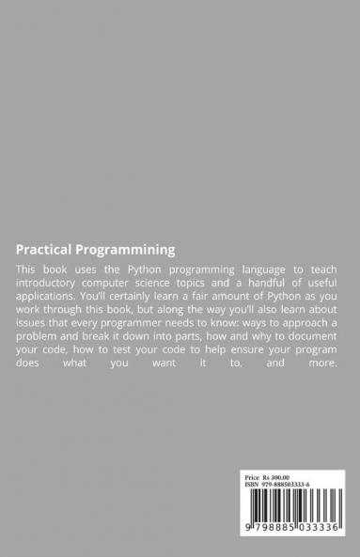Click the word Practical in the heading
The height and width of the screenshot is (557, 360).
pyautogui.click(x=45, y=250)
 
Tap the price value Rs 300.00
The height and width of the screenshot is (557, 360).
pyautogui.click(x=274, y=477)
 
